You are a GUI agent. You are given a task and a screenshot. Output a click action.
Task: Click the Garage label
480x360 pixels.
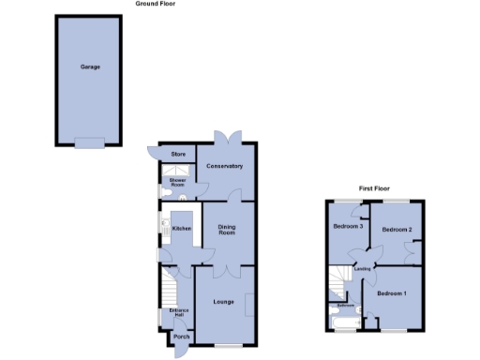(90, 67)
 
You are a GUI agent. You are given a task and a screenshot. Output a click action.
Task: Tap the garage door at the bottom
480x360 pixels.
(90, 142)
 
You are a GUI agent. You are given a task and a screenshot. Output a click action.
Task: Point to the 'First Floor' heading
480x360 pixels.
(373, 188)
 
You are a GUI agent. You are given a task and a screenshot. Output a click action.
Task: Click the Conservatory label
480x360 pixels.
(225, 166)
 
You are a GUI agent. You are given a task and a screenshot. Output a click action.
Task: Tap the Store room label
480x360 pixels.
(175, 153)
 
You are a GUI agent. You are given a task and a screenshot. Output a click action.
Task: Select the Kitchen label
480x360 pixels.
(182, 228)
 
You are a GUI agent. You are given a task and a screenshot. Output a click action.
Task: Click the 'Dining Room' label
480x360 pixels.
(226, 229)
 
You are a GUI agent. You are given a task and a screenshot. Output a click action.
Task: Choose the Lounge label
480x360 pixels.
(223, 301)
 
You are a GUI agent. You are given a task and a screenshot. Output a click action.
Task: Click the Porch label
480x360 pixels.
(182, 337)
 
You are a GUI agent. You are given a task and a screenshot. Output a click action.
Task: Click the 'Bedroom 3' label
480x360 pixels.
(348, 227)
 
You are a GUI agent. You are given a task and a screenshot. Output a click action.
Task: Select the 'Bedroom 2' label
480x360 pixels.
(397, 229)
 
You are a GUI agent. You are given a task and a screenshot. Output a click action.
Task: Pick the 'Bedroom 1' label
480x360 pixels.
(392, 294)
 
